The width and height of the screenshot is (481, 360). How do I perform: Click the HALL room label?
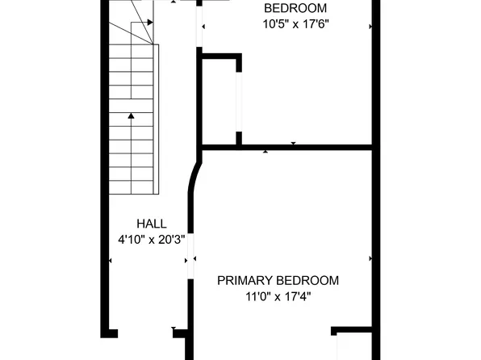pyautogui.click(x=152, y=224)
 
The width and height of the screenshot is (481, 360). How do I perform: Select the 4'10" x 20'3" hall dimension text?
pyautogui.click(x=152, y=239)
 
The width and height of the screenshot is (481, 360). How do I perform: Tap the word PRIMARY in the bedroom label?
pyautogui.click(x=246, y=281)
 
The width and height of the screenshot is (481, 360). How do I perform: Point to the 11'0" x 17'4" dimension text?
pyautogui.click(x=277, y=296)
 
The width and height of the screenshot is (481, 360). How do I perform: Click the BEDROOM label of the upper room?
pyautogui.click(x=296, y=8)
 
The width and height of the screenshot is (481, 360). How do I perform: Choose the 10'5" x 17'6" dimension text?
pyautogui.click(x=296, y=23)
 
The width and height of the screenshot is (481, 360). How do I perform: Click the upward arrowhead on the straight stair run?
pyautogui.click(x=130, y=116)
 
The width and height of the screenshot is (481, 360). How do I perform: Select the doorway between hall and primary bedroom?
pyautogui.click(x=191, y=260)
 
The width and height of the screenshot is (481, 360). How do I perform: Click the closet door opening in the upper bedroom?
pyautogui.click(x=238, y=101)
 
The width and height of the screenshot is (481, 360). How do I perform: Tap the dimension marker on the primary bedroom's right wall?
pyautogui.click(x=370, y=259)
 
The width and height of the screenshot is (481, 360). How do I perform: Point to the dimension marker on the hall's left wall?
pyautogui.click(x=109, y=260)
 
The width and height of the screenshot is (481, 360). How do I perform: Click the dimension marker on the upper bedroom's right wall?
pyautogui.click(x=370, y=27)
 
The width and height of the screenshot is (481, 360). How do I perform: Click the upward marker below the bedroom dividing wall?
pyautogui.click(x=266, y=151)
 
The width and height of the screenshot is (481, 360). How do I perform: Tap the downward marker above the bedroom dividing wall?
pyautogui.click(x=293, y=143)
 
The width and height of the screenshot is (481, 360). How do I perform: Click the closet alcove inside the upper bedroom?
pyautogui.click(x=220, y=101)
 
